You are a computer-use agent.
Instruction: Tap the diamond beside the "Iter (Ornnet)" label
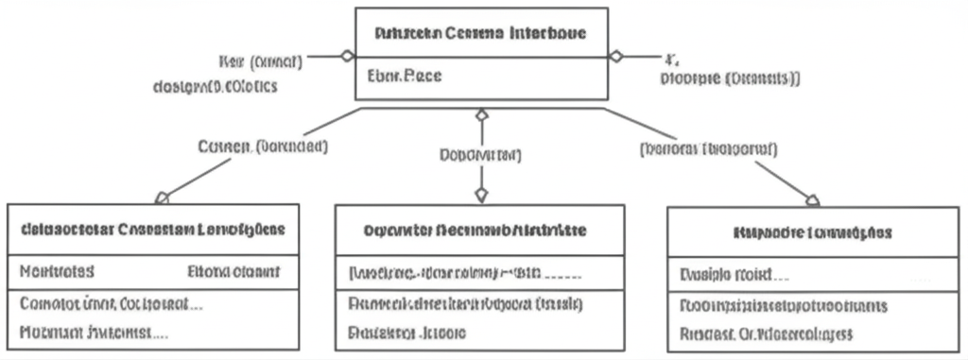[x=348, y=56]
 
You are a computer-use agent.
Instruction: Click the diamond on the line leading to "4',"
[x=616, y=56]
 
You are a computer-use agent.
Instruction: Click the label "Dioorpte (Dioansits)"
[x=730, y=79]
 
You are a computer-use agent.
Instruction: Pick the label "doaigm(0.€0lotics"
[x=215, y=87]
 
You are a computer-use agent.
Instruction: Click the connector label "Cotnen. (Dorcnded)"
[x=264, y=146]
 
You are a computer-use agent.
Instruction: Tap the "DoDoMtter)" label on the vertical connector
[x=481, y=154]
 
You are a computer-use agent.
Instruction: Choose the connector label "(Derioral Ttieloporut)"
[x=709, y=148]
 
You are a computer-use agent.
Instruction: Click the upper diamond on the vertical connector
[x=481, y=115]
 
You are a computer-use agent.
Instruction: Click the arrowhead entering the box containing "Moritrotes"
[x=162, y=197]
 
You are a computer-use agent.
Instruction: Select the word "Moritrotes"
[x=57, y=272]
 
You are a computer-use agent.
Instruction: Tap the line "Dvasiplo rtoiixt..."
[x=735, y=276]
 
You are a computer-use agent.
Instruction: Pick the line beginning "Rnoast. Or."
[x=767, y=334]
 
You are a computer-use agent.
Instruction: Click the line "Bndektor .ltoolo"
[x=406, y=333]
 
